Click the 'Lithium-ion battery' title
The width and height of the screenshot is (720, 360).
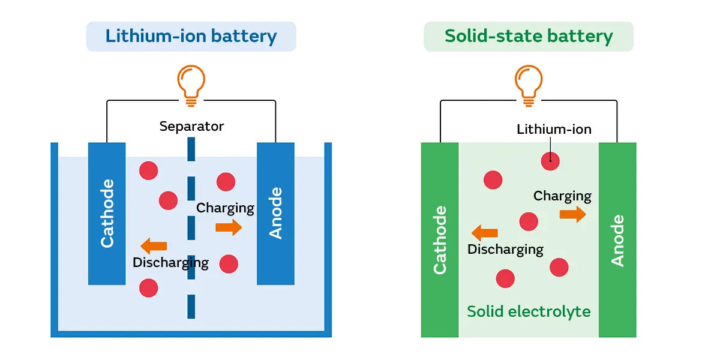pyautogui.click(x=191, y=36)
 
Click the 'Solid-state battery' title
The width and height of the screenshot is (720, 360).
pyautogui.click(x=529, y=36)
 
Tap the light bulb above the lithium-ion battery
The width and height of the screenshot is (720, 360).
pyautogui.click(x=191, y=84)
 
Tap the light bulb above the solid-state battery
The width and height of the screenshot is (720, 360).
pyautogui.click(x=529, y=84)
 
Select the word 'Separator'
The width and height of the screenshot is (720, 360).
pyautogui.click(x=191, y=127)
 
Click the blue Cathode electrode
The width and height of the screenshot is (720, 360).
pyautogui.click(x=107, y=214)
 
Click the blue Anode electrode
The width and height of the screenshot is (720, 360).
pyautogui.click(x=275, y=214)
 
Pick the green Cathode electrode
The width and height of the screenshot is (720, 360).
pyautogui.click(x=440, y=240)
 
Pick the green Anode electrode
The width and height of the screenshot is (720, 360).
pyautogui.click(x=617, y=240)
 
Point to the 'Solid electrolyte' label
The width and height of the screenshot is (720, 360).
pyautogui.click(x=529, y=311)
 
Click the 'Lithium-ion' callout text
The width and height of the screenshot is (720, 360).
pyautogui.click(x=554, y=129)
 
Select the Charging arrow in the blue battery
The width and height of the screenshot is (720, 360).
pyautogui.click(x=229, y=227)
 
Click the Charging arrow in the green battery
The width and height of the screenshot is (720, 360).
pyautogui.click(x=573, y=214)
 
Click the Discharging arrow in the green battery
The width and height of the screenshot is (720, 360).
pyautogui.click(x=485, y=233)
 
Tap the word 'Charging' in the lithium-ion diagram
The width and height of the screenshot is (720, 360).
pyautogui.click(x=226, y=208)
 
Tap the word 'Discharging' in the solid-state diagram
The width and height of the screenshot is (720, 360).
pyautogui.click(x=505, y=249)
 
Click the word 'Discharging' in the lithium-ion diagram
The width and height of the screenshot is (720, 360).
pyautogui.click(x=170, y=263)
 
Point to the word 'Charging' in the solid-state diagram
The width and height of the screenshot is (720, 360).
pyautogui.click(x=562, y=196)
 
